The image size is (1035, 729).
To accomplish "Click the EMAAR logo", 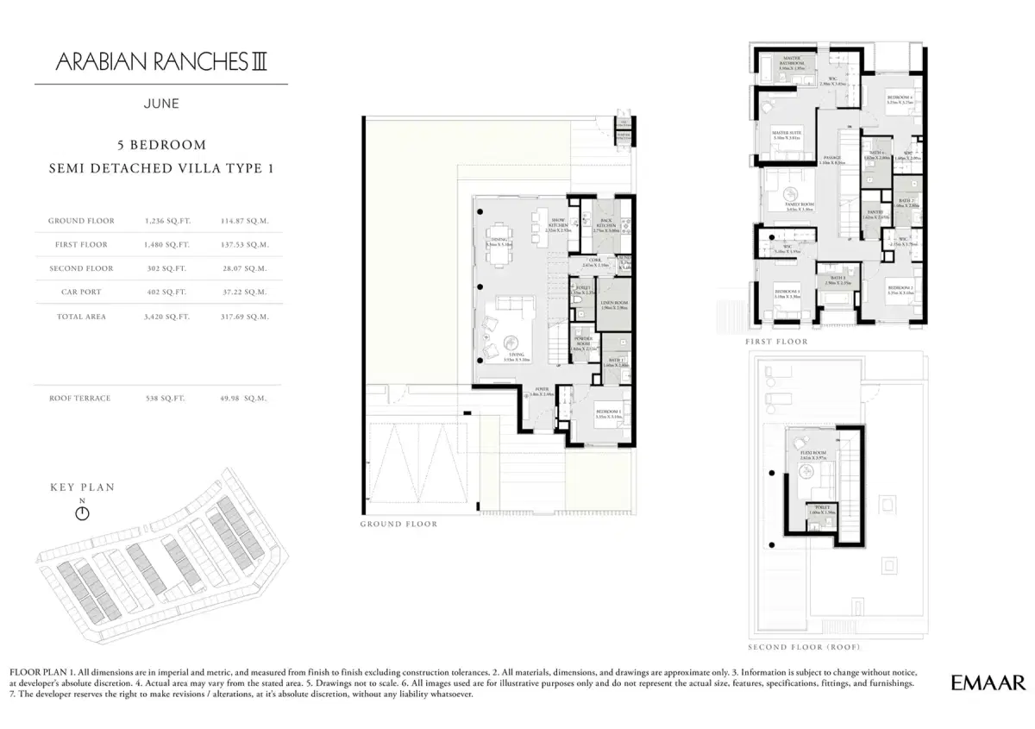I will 988,682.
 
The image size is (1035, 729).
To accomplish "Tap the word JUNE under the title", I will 161,104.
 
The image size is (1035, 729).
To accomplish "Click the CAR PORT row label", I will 81,292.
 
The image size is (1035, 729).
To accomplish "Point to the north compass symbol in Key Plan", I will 82,513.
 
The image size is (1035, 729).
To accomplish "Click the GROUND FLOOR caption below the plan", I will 398,524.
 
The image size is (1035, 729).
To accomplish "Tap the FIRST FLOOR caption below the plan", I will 776,342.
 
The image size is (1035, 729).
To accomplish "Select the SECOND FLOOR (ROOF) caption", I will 804,647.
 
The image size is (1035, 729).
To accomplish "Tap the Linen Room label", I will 613,305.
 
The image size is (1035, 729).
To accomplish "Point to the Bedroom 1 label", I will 608,412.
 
